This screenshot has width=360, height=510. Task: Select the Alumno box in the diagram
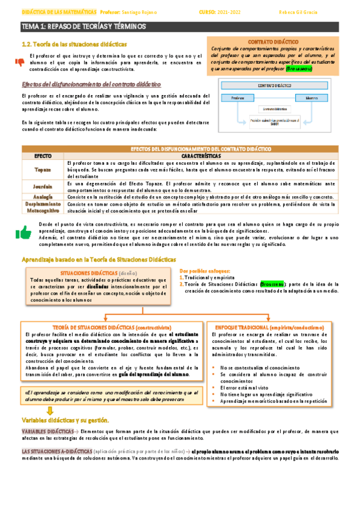(311, 97)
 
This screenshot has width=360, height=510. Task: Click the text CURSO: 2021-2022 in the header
(222, 11)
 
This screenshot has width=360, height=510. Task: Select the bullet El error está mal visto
(248, 388)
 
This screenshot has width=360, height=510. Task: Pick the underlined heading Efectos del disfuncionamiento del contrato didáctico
(87, 84)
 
